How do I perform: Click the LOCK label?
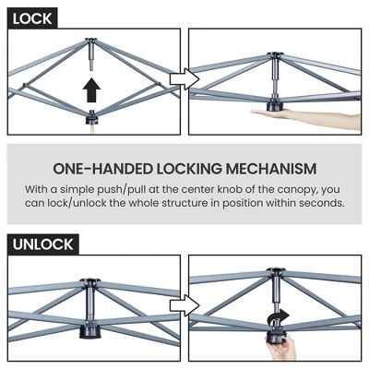(x=32, y=19)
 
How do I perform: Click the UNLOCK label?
(x=43, y=244)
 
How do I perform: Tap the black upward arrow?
(x=91, y=89)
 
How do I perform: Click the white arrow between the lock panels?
(x=184, y=79)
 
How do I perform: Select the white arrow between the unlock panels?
(x=184, y=305)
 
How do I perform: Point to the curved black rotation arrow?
(x=278, y=316)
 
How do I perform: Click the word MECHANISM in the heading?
(x=271, y=169)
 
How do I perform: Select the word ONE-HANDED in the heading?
(x=102, y=169)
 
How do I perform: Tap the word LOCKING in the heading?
(x=189, y=169)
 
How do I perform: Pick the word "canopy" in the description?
(x=297, y=190)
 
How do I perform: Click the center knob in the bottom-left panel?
(x=89, y=331)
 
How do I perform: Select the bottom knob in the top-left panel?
(x=91, y=117)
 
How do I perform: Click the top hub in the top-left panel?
(x=91, y=41)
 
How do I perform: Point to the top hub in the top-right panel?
(x=276, y=55)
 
